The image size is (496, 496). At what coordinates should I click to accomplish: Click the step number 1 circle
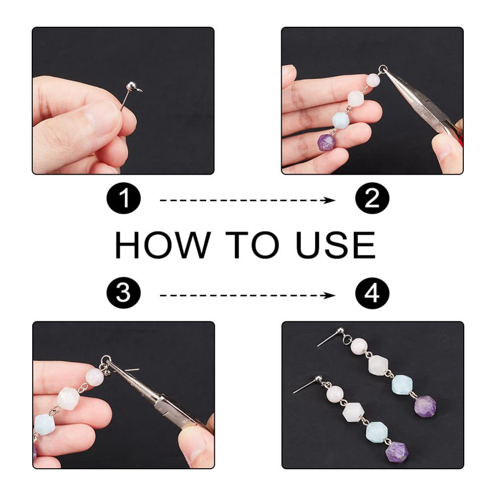tap(124, 198)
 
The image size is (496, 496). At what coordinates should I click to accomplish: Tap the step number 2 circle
tap(372, 198)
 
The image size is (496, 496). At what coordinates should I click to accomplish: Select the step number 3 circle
tap(124, 292)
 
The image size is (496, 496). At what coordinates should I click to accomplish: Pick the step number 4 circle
tap(372, 292)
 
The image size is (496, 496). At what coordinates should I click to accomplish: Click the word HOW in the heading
tap(162, 245)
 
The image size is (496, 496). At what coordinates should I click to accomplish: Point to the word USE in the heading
tap(335, 245)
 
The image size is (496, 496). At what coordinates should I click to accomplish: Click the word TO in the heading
tap(252, 245)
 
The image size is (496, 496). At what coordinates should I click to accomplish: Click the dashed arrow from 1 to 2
tap(248, 200)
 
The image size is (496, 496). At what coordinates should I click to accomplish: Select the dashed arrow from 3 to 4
tap(248, 296)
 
